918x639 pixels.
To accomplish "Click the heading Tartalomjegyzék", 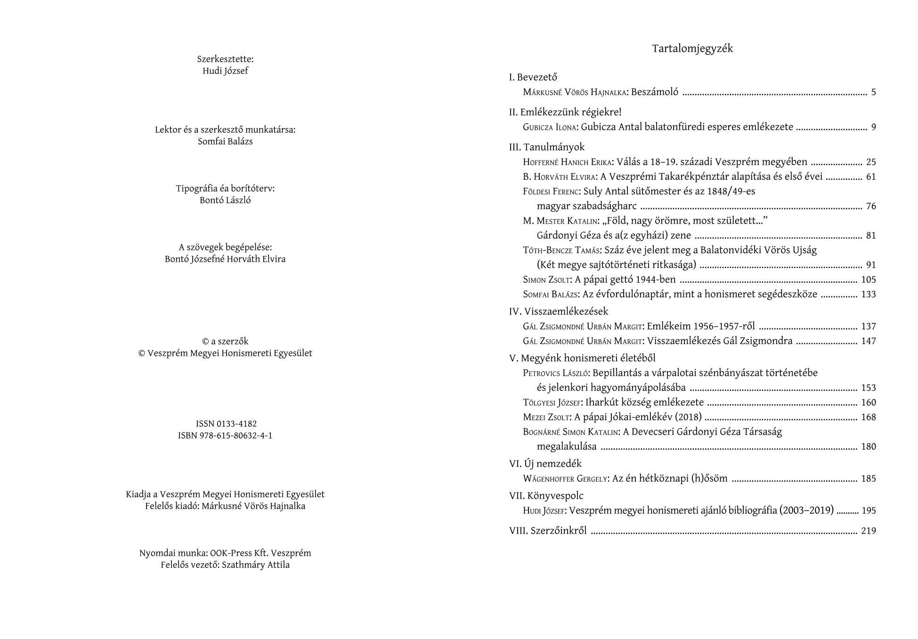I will point(692,48).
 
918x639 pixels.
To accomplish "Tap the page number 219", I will point(868,531).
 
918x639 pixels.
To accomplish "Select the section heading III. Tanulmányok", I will point(546,147).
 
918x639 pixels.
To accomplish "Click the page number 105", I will point(868,280).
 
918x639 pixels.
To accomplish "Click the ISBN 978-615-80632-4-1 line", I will point(225,436).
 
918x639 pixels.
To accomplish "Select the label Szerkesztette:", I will point(225,59).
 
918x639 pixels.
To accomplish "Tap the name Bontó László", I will point(225,200).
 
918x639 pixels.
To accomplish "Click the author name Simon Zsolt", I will point(547,280).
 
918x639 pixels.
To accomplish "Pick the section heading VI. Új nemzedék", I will point(545,464).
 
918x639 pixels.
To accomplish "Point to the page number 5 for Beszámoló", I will point(873,92).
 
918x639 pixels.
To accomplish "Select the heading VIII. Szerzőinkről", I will point(548,531).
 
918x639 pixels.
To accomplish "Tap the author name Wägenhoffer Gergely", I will point(565,479).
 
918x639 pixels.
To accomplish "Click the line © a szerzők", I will point(225,342).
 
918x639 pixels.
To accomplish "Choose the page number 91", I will point(871,265).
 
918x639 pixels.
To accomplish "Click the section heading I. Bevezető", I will point(533,77).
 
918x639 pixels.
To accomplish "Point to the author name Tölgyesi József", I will point(552,403).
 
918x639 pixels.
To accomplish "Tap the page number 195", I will point(868,511).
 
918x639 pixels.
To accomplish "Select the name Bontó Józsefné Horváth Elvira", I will point(225,259).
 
